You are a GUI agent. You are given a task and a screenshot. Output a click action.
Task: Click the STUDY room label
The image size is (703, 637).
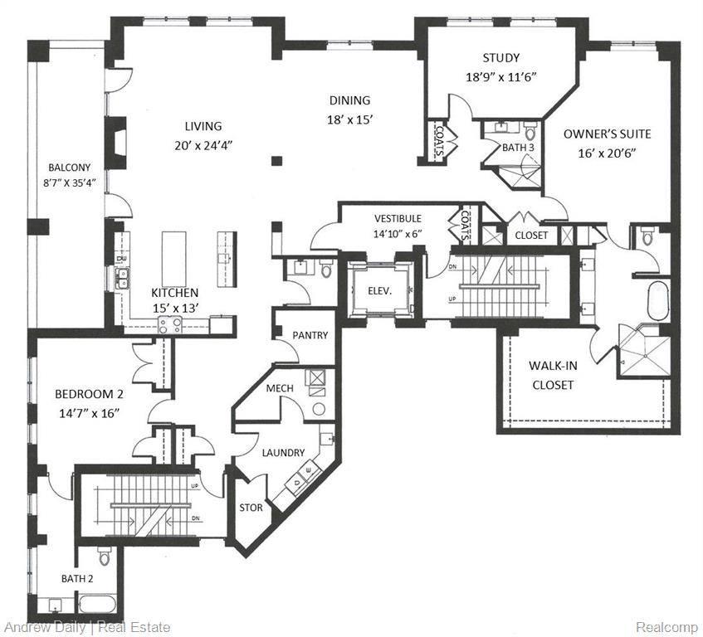(500, 58)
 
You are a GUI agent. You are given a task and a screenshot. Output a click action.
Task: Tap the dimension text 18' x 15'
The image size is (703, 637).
(349, 119)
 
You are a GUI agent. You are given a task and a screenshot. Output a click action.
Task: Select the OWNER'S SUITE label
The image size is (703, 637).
(607, 134)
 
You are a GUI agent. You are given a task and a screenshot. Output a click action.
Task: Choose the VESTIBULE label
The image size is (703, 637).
(398, 218)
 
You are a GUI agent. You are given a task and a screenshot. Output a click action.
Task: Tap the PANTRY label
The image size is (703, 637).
(310, 335)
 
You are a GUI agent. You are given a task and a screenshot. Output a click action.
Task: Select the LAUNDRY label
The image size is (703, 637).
(283, 453)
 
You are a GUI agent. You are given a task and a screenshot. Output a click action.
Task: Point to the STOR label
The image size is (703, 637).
(251, 508)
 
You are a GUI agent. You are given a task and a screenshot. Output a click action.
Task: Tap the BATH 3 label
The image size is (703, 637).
(518, 148)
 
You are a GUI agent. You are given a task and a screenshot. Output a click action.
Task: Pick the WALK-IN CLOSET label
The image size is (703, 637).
(551, 375)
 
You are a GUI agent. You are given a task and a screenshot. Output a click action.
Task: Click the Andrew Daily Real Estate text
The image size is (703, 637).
(87, 628)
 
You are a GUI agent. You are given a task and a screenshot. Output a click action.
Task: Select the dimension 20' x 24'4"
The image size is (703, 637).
(203, 143)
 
